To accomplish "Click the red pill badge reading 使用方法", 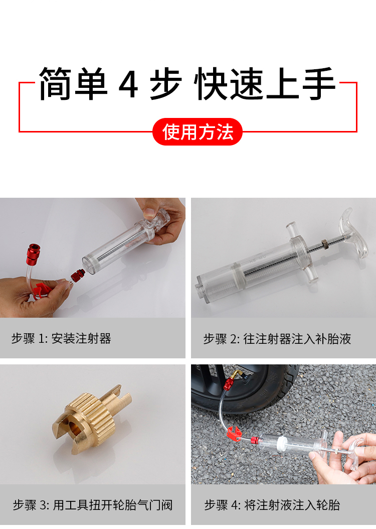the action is click(198, 131).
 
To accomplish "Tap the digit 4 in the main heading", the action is click(128, 84).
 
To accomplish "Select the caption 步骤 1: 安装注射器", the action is click(61, 338).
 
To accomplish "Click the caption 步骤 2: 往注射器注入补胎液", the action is click(277, 339).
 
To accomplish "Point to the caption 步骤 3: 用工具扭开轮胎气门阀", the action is click(93, 505).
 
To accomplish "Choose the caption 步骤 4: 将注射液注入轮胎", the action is click(272, 505).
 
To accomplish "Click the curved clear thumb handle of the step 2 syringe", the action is click(354, 233).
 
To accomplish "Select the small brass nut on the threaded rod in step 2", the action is click(324, 242).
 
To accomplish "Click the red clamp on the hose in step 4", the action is click(235, 433).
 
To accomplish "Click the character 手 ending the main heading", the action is click(319, 83).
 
